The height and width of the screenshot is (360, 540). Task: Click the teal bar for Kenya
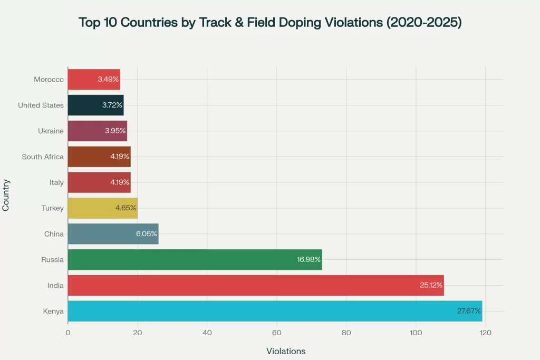(274, 311)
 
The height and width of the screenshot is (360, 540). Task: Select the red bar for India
(255, 285)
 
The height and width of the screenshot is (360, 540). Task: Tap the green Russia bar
(195, 259)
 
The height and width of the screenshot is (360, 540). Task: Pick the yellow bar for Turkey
(102, 208)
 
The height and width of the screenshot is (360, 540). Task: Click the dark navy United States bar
(95, 105)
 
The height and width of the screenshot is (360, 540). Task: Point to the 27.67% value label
(469, 311)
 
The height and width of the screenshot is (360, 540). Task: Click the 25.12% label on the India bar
(430, 285)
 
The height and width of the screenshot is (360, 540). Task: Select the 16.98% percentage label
(308, 259)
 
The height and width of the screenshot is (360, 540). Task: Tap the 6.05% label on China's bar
(146, 234)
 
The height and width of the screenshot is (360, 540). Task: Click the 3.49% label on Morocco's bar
(108, 80)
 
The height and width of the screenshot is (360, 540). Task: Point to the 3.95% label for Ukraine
(115, 131)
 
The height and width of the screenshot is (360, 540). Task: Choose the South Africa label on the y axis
(43, 157)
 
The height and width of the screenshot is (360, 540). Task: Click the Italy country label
(56, 182)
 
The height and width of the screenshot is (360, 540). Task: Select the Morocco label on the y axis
(49, 80)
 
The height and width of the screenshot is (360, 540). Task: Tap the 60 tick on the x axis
(276, 333)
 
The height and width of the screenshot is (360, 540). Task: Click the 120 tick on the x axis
(485, 333)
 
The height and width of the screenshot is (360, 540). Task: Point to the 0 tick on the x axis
(68, 333)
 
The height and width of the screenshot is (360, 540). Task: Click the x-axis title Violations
(286, 351)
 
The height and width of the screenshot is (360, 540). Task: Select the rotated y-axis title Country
(6, 195)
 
